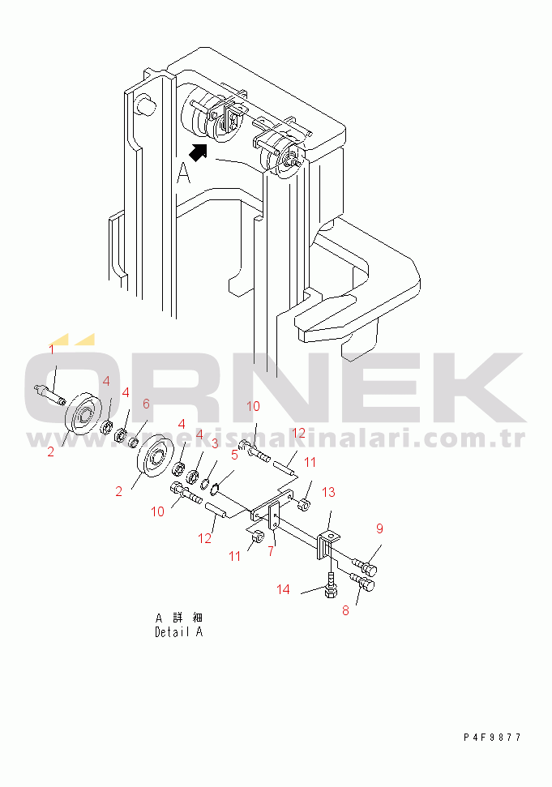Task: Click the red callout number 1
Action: [51, 349]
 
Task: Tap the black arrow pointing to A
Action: [198, 152]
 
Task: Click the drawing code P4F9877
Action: [492, 738]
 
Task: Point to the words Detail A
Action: [178, 632]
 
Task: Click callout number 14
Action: [283, 589]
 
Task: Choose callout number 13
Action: [328, 492]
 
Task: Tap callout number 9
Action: [380, 528]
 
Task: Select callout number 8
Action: [345, 610]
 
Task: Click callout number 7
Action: [271, 551]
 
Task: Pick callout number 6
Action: [146, 404]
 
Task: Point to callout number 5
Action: [234, 456]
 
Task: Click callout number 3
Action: [214, 443]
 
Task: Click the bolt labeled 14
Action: [332, 584]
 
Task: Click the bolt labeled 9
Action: [365, 567]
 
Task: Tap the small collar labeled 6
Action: [134, 443]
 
